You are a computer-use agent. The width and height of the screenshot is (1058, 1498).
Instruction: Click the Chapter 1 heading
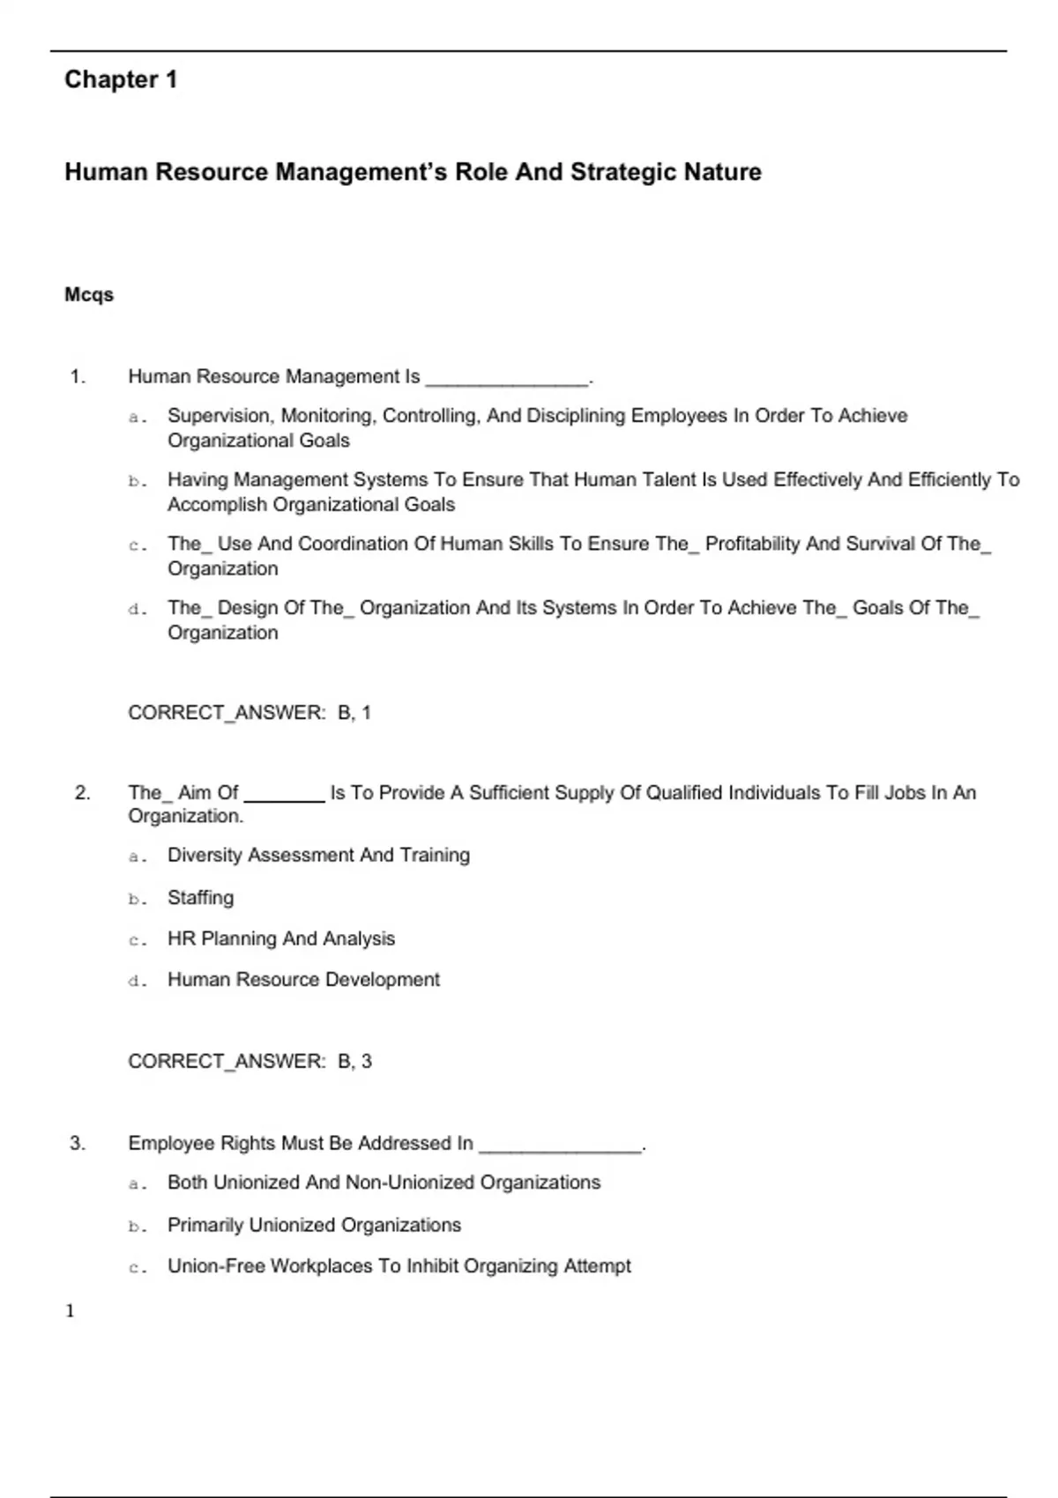tap(121, 79)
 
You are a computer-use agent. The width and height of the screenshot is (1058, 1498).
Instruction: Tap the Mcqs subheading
tap(89, 294)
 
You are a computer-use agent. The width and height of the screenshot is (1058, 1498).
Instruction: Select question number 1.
tap(78, 377)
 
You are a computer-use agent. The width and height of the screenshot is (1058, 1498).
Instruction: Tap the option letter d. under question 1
tap(137, 609)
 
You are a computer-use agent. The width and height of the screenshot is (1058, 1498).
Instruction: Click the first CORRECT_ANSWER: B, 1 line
tap(250, 713)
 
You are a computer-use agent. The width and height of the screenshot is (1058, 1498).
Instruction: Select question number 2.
tap(82, 793)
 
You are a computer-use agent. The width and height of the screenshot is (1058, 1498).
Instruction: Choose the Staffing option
tap(201, 898)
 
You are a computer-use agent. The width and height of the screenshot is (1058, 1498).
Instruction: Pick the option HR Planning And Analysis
tap(281, 938)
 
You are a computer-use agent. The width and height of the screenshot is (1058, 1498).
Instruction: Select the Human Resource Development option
tap(303, 980)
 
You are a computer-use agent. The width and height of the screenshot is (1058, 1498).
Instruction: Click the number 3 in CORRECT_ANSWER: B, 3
tap(367, 1061)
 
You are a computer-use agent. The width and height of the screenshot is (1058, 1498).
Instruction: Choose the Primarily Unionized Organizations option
tap(314, 1225)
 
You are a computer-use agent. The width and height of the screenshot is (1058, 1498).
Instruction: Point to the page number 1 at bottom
tap(71, 1311)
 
